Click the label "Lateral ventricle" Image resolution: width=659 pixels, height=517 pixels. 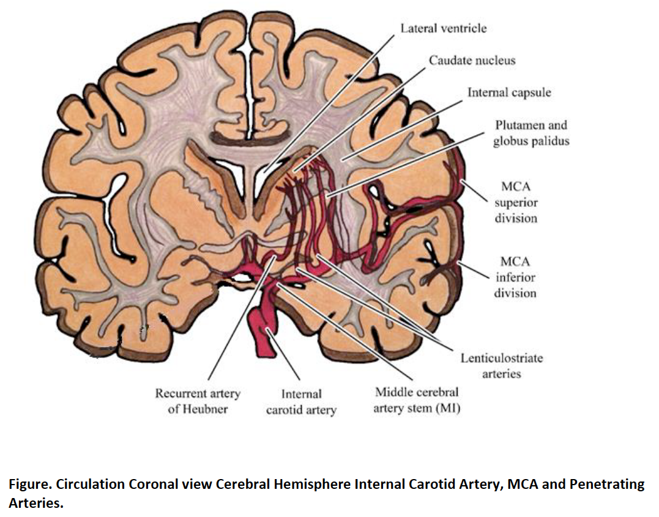444,28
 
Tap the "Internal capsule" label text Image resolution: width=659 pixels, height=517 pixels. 509,92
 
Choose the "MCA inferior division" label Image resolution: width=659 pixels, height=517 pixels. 515,277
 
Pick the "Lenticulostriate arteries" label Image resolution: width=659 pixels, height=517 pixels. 501,365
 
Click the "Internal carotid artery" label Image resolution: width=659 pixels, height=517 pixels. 301,402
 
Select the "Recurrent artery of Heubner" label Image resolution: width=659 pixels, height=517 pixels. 198,401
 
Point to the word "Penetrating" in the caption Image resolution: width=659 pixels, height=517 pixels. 607,485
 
